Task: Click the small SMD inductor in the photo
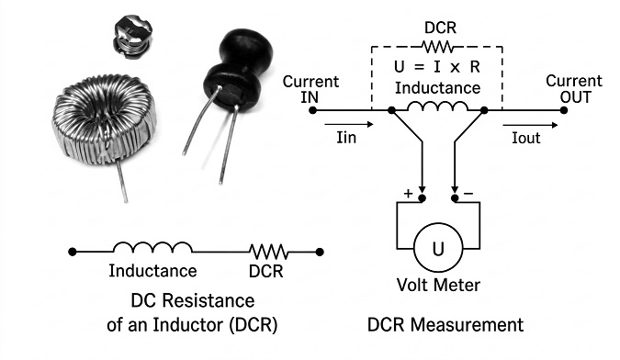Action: point(133,37)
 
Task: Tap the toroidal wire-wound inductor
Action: point(104,118)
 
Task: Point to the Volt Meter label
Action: point(438,285)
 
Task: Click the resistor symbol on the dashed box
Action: point(438,47)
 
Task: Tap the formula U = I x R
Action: point(437,67)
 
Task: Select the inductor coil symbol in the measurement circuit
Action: point(437,106)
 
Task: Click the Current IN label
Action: point(310,90)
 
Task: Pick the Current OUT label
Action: point(574,89)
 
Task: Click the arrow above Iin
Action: point(349,125)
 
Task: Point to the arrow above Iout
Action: point(530,125)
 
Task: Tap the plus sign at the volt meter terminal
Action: point(408,194)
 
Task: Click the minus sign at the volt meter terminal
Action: point(468,194)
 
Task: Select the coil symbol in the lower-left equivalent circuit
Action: point(152,247)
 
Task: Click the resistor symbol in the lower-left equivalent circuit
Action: point(268,252)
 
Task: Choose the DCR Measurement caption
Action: point(445,325)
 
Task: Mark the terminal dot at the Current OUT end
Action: point(564,110)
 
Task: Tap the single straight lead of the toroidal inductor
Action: point(122,181)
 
